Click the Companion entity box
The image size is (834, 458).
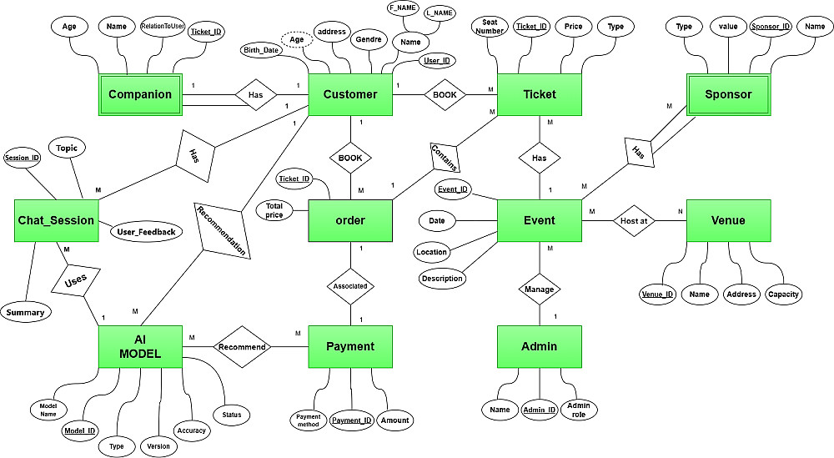140,94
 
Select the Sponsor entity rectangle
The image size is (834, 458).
728,94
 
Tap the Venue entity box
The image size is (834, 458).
728,220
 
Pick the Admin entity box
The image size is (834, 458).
539,346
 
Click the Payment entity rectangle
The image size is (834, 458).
350,346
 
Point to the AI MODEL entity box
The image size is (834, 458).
140,346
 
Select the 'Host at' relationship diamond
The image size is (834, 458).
635,220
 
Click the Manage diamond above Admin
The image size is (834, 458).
539,289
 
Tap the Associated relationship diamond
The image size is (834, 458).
350,285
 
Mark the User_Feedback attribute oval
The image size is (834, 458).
146,231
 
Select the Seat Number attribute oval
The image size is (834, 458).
490,27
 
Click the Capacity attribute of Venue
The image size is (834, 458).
783,294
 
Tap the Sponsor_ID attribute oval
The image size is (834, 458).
771,27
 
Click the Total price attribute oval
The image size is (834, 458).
274,210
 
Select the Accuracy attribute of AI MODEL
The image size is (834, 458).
190,430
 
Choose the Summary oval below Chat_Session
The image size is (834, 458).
25,313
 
